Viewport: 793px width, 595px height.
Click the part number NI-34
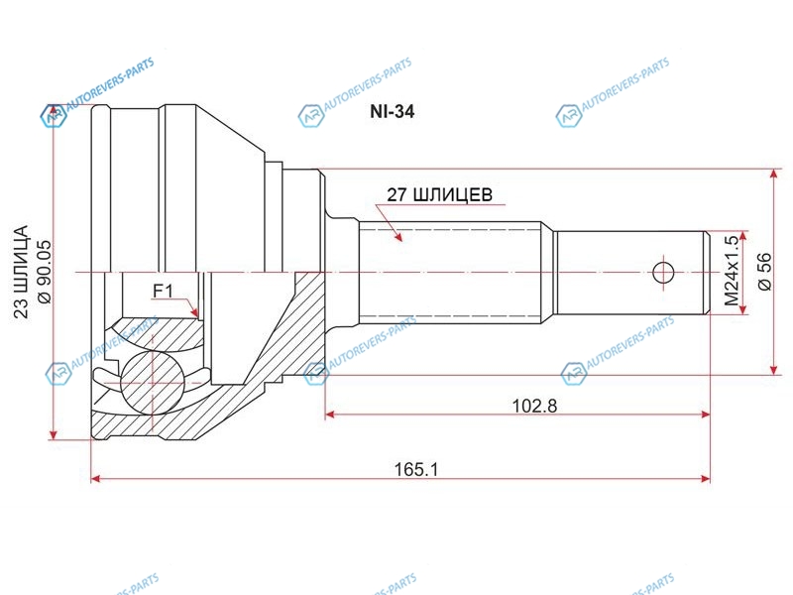point(392,111)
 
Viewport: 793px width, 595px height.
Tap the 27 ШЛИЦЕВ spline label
point(439,194)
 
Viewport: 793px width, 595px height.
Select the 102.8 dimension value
point(534,406)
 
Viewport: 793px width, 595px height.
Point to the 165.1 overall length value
point(416,469)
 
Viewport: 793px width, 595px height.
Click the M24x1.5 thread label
point(732,271)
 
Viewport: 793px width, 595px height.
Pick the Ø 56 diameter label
point(764,271)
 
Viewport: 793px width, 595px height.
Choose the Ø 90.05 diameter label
point(45,272)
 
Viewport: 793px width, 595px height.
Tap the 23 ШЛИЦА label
point(21,272)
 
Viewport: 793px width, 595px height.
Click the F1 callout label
point(163,291)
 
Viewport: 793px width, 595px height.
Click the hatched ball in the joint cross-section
point(152,383)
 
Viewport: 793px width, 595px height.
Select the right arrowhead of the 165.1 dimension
point(705,479)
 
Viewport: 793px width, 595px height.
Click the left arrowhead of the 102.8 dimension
point(330,415)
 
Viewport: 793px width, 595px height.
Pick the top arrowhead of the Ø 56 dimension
point(774,175)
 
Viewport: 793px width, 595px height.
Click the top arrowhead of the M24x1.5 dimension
point(742,237)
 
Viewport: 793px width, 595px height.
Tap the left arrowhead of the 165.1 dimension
point(96,479)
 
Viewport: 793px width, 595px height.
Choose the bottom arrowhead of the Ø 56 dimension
point(774,369)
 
